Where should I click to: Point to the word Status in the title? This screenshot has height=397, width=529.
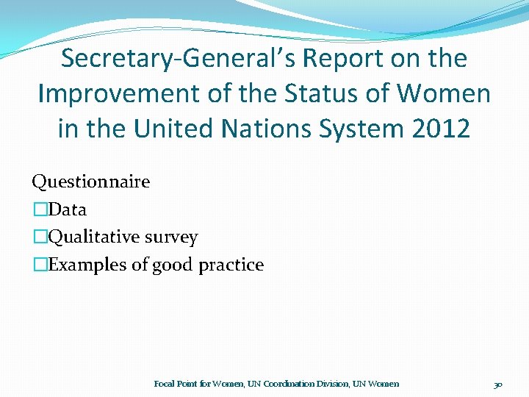(x=320, y=94)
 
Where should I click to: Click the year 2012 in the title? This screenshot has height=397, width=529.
(x=442, y=129)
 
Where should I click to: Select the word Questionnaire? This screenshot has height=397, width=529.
(x=90, y=182)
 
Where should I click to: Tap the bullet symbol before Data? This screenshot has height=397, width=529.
(x=40, y=210)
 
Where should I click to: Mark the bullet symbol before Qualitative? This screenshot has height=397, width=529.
(x=40, y=237)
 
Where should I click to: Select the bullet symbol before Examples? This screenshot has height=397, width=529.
(x=40, y=265)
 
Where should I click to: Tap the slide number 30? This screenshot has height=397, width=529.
(x=498, y=384)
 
